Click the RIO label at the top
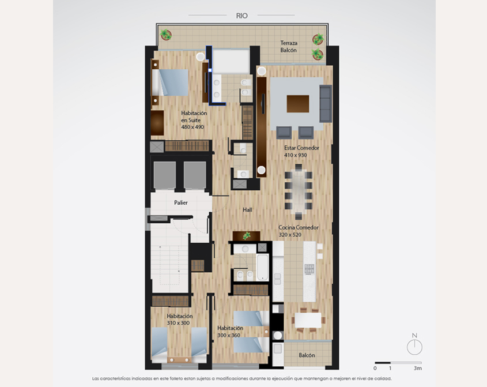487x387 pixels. coord(241,16)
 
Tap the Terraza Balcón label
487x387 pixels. coord(289,47)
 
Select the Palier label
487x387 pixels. coord(181,202)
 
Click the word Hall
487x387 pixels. coord(247,210)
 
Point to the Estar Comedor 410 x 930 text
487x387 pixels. coord(301,151)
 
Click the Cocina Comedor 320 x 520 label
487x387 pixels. coord(298,231)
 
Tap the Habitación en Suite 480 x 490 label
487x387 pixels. coord(194,120)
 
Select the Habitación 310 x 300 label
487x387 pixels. coord(179,320)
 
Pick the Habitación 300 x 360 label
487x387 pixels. coord(230,332)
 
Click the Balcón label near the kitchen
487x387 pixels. coord(307,355)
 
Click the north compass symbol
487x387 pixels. coord(414,344)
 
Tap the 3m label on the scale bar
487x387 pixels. coord(418,369)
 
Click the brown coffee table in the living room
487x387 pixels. coord(298,104)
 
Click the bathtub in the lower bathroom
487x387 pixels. coord(262,267)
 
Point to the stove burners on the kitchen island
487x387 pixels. coord(309,269)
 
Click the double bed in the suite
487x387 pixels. coord(170,82)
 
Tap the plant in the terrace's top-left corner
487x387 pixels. coord(166,35)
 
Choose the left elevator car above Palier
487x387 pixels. coord(165,175)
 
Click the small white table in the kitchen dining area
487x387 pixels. coord(308,320)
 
